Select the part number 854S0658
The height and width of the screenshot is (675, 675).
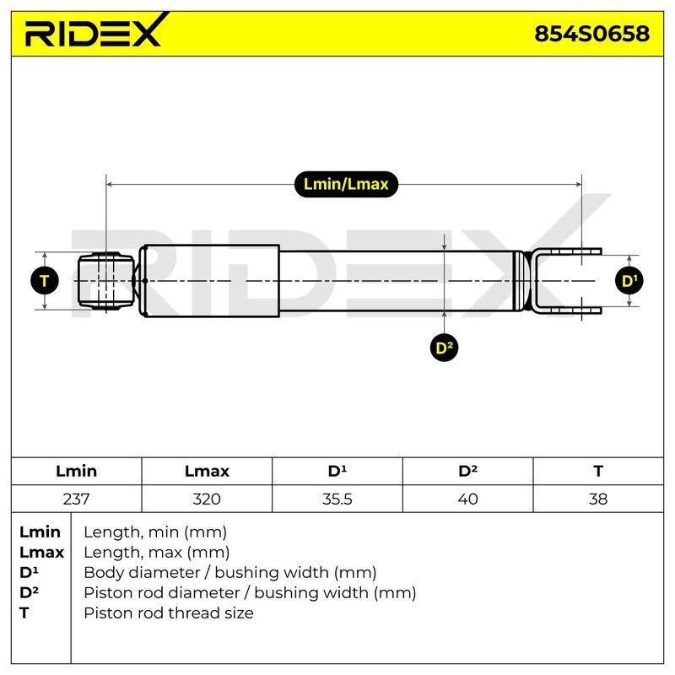click(591, 34)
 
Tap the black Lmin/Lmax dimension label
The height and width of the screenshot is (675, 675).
click(346, 184)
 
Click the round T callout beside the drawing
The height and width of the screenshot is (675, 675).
click(45, 281)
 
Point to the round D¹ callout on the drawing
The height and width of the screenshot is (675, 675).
click(629, 281)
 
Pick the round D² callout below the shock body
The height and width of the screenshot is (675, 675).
click(444, 348)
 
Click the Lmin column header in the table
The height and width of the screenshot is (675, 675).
click(76, 471)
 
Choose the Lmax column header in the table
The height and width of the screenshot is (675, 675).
click(207, 471)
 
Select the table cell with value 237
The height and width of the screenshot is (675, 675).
click(76, 499)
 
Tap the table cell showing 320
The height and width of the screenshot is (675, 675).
click(207, 499)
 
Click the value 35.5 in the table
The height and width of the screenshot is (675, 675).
click(337, 499)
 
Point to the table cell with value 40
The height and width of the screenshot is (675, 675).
click(468, 499)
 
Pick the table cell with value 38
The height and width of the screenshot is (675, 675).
click(598, 499)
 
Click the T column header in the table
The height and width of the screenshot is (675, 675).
click(598, 471)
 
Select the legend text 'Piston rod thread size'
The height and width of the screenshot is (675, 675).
click(168, 613)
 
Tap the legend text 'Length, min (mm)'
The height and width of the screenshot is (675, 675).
click(155, 532)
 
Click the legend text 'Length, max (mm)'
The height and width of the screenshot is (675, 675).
click(157, 553)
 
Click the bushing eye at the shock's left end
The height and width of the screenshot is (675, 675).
click(106, 281)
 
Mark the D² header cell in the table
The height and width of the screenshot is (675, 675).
click(468, 471)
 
